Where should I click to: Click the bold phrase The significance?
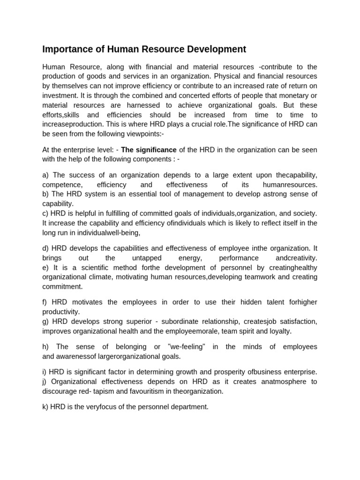click(149, 150)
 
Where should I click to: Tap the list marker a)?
click(45, 175)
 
